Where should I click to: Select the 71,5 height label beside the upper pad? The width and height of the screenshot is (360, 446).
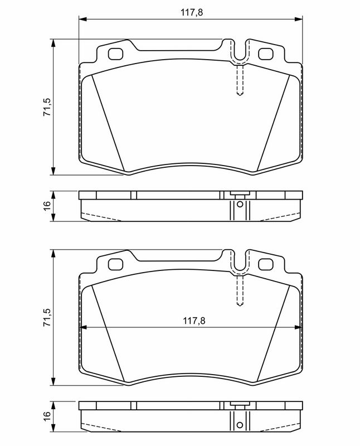point(47,106)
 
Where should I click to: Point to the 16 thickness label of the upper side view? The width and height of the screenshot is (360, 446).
point(47,205)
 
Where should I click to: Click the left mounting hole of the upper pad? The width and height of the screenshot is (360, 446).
point(116,55)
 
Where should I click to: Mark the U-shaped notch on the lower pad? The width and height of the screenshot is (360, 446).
point(240,264)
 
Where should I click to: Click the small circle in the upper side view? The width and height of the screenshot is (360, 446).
point(240,205)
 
